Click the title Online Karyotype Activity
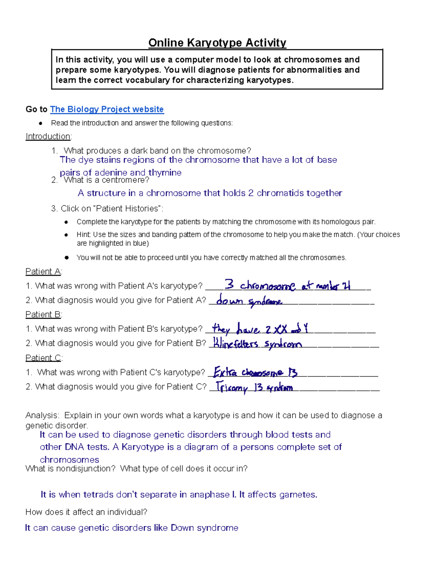[217, 43]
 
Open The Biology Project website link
[107, 109]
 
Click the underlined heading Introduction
[48, 136]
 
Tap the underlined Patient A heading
[43, 272]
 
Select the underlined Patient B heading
[43, 314]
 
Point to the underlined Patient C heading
[43, 358]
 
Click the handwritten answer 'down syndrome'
[249, 301]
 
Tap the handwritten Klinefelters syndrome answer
[257, 344]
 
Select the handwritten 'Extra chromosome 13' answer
[256, 372]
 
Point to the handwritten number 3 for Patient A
[229, 284]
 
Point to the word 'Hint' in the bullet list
[83, 235]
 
